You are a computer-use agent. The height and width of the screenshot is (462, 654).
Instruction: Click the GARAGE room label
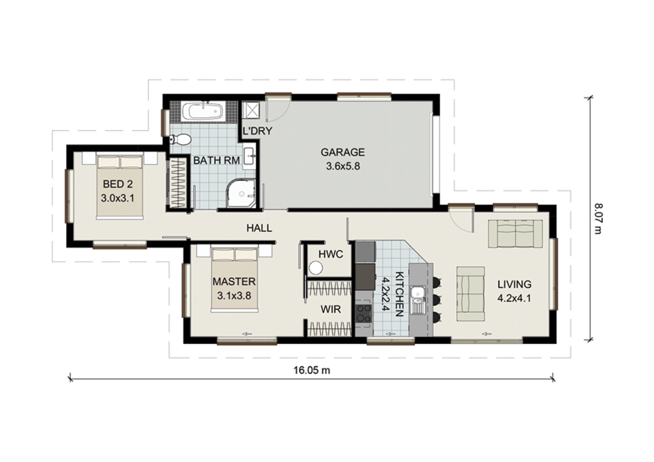point(343,152)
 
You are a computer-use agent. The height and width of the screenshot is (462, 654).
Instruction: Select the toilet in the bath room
point(180,139)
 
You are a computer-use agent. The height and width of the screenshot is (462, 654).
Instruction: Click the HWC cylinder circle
point(316,268)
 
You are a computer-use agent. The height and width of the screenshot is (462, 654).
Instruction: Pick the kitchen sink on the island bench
point(418,300)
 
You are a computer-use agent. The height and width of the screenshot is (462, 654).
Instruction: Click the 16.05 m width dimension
point(312,370)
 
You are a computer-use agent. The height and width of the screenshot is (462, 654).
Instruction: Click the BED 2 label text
point(118,184)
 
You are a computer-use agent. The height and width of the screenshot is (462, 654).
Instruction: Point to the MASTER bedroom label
point(234,282)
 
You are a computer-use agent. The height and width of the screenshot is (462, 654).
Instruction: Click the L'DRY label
point(257,131)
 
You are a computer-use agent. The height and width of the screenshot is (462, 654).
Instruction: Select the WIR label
point(331,309)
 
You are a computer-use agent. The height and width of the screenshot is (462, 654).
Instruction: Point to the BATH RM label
point(216,160)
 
